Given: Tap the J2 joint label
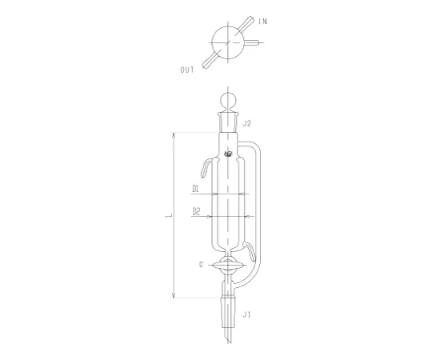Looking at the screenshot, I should [x=248, y=123].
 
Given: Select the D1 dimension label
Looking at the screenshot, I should [x=194, y=190].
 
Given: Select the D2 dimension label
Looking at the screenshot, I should [x=194, y=213].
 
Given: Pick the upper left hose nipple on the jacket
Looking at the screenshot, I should [x=206, y=167].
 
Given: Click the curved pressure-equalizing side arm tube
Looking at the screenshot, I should [x=258, y=200].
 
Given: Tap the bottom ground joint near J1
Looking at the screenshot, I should [x=229, y=308].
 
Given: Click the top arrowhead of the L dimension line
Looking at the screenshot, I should [x=173, y=134].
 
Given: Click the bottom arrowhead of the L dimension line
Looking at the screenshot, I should [x=173, y=295].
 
